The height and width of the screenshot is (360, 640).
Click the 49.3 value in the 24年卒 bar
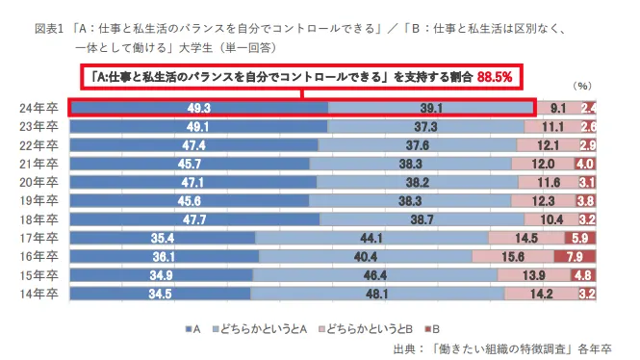point(199,108)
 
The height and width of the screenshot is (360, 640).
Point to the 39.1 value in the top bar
point(430,108)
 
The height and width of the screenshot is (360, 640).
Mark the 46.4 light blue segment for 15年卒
point(376,275)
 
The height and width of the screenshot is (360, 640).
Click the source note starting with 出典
point(501,347)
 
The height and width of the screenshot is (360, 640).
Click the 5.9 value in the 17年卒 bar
point(579,238)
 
